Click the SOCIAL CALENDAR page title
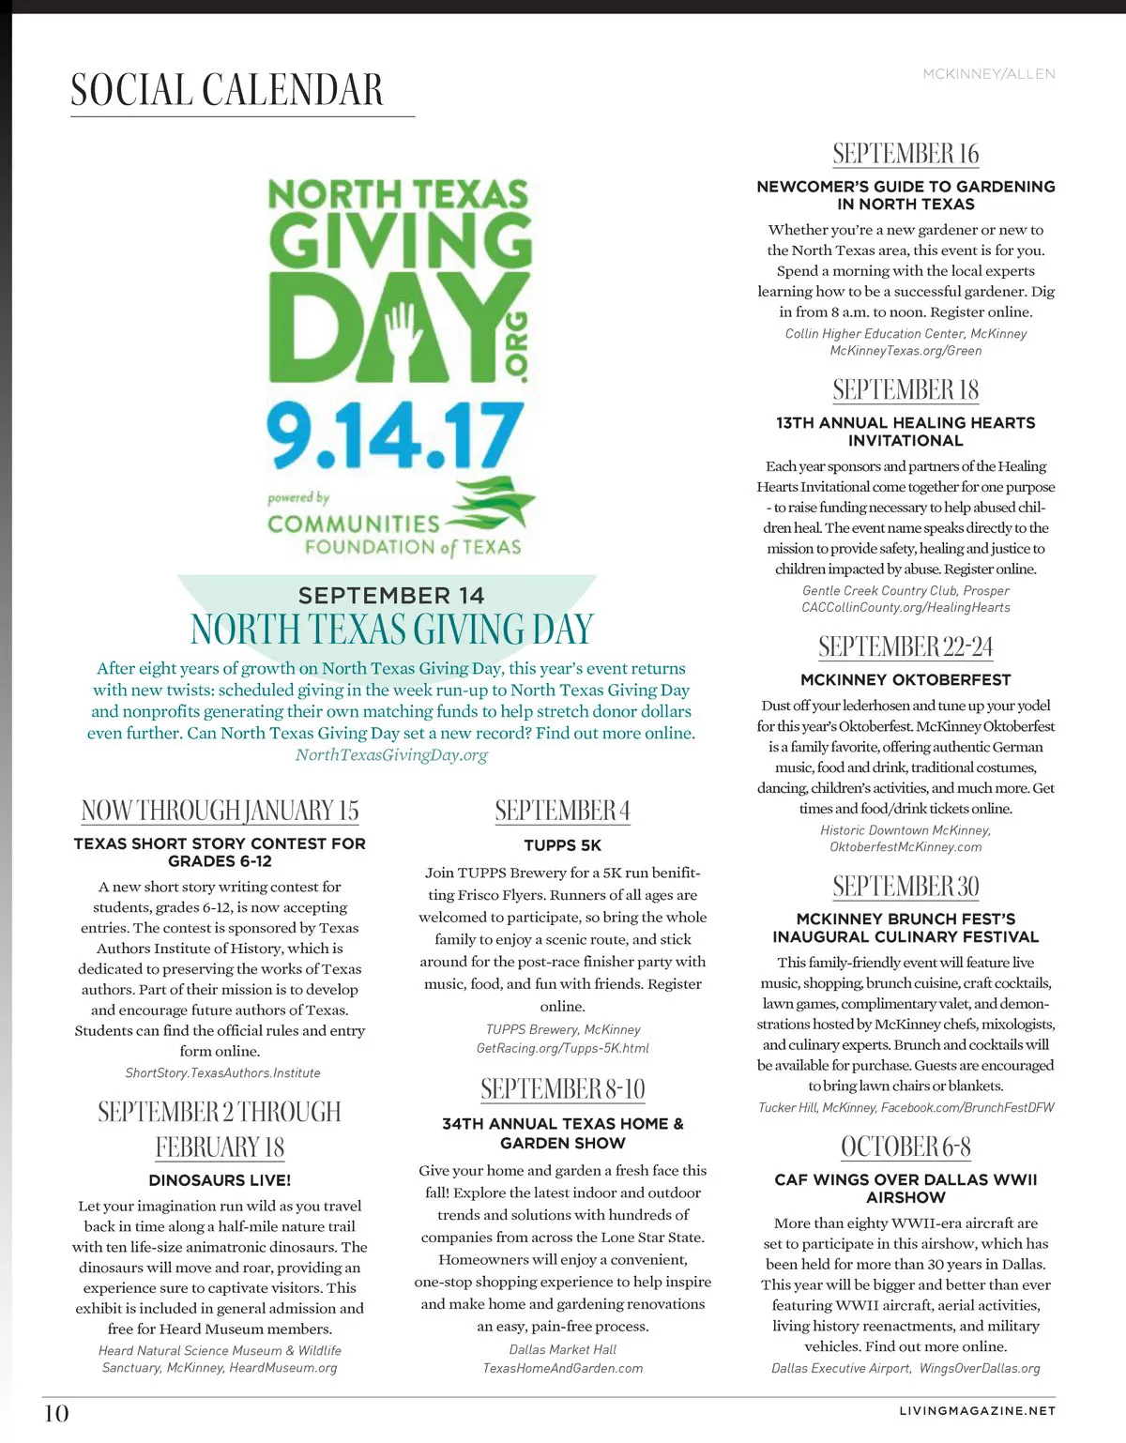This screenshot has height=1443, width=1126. click(x=227, y=90)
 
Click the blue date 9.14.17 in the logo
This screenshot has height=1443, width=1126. click(x=394, y=435)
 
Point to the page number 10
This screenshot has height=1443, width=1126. click(x=56, y=1413)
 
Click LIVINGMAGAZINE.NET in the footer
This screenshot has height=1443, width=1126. click(x=977, y=1410)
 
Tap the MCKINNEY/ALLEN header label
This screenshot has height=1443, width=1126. click(x=989, y=74)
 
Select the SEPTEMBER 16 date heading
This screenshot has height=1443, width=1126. click(x=905, y=154)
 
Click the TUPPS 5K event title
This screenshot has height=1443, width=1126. click(x=563, y=845)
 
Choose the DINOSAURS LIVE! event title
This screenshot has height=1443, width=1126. click(x=220, y=1180)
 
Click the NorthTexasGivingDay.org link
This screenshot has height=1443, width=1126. click(x=391, y=755)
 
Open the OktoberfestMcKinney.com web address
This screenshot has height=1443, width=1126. click(x=905, y=847)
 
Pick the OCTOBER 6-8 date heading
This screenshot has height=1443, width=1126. click(x=905, y=1147)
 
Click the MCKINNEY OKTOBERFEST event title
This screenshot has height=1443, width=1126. click(x=905, y=679)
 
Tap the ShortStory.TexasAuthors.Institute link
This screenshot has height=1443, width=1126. click(x=222, y=1073)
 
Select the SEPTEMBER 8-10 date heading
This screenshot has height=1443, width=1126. click(x=563, y=1089)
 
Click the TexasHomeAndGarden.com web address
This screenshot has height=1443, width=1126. click(x=563, y=1369)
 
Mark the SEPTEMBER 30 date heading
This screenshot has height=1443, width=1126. click(x=905, y=887)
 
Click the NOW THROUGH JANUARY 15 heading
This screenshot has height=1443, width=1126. click(x=220, y=811)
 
